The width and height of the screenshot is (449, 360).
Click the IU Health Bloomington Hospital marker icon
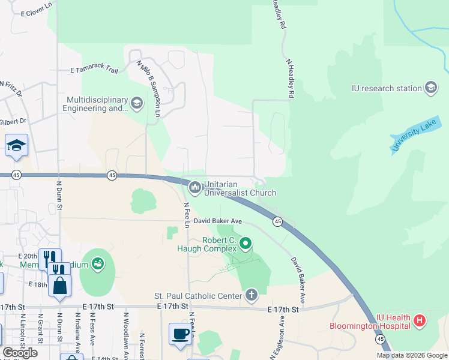[420, 321]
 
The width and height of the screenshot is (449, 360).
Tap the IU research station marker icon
[430, 88]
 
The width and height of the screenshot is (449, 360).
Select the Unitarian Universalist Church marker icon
[194, 188]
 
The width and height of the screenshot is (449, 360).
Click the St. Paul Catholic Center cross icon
[251, 295]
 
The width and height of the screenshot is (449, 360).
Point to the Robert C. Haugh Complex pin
[245, 244]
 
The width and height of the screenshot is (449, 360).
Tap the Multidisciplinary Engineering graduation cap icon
[137, 104]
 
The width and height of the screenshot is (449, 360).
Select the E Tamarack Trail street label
[94, 70]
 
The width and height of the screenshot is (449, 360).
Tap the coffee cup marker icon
[179, 333]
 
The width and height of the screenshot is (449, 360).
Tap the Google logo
[20, 352]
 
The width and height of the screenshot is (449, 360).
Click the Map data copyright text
[412, 355]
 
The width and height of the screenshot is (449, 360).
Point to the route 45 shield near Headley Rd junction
[277, 222]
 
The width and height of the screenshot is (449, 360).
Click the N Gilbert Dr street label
[14, 121]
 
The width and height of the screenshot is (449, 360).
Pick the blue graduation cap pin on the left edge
[17, 145]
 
